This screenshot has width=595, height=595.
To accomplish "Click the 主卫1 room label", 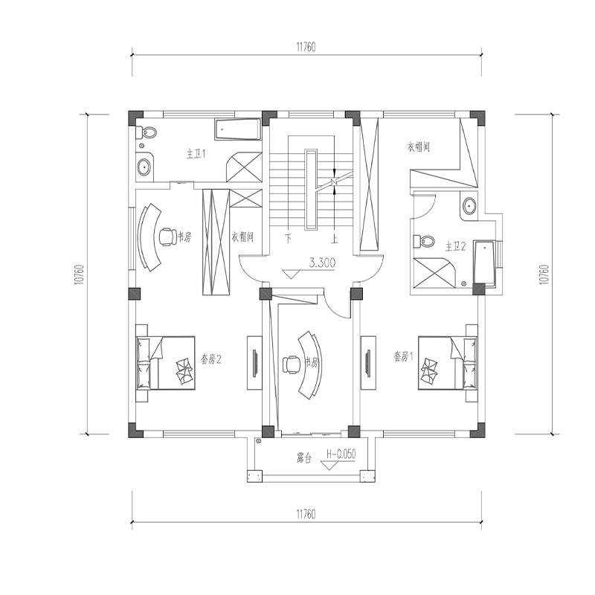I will click(196, 154).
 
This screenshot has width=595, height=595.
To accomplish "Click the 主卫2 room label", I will click(455, 246).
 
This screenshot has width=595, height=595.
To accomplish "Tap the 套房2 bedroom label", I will click(211, 358).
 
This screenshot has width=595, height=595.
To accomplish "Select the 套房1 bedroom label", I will click(403, 356).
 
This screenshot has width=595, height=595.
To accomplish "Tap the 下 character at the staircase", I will click(288, 239).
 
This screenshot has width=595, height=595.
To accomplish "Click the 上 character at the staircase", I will click(335, 239).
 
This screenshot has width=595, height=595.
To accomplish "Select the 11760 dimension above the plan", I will click(306, 46).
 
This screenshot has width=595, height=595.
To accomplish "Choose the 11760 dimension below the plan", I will click(306, 513).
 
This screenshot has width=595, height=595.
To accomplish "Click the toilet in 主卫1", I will click(147, 133).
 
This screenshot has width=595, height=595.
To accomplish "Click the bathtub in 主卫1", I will click(237, 130).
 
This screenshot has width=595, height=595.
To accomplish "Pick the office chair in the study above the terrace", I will click(292, 364).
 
